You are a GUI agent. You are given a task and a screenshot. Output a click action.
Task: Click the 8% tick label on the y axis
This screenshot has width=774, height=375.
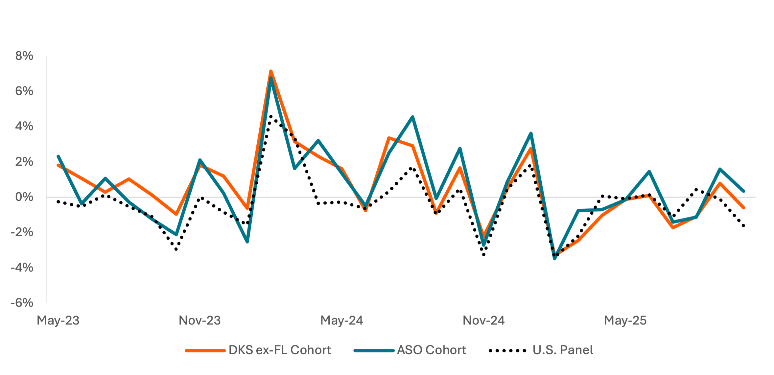24,56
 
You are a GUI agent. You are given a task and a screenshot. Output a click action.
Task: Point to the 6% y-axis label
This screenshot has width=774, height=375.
24,91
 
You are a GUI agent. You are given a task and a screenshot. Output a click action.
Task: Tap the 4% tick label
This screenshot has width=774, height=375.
24,127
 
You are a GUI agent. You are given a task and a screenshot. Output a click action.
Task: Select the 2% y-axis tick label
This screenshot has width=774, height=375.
24,162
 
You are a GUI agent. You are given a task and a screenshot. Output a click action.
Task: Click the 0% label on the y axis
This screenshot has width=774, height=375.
24,197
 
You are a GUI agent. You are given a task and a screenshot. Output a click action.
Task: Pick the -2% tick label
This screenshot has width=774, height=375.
22,232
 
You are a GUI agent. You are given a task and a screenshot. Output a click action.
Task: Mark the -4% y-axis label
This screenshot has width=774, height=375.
22,268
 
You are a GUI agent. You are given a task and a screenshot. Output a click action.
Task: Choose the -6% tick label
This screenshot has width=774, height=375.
22,303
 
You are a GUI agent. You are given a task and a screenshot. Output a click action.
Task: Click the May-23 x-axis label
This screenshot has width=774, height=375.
58,320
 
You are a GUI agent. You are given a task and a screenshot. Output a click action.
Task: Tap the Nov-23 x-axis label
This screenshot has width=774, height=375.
200,320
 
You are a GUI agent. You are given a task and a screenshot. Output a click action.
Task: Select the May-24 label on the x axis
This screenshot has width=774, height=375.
342,320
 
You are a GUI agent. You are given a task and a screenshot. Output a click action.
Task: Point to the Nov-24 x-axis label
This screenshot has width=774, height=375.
484,320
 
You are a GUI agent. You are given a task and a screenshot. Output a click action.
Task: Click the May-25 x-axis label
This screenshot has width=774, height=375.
625,320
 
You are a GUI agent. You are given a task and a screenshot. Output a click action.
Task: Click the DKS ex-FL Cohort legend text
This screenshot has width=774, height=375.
280,350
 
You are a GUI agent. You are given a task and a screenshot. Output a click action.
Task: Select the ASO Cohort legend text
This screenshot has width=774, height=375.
432,350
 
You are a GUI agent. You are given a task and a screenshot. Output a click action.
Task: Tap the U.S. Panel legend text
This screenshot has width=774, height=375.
563,350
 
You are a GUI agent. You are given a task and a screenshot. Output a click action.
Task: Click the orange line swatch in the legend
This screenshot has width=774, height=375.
205,351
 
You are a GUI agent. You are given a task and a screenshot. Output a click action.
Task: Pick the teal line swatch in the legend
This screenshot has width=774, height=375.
374,351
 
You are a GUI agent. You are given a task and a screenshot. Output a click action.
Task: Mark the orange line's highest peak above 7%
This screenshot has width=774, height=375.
271,71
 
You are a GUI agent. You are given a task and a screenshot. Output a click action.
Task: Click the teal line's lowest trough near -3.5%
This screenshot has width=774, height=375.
555,259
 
